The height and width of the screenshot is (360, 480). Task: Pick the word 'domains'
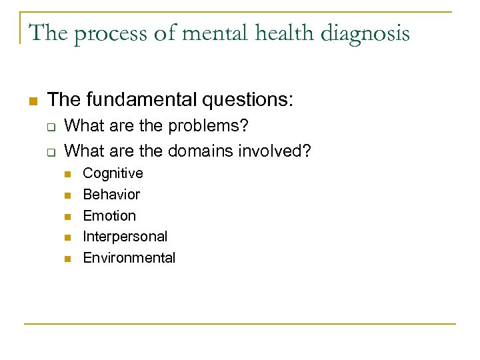tap(195, 151)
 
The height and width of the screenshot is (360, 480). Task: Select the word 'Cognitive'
tap(113, 174)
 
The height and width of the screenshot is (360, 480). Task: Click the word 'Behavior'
tap(111, 195)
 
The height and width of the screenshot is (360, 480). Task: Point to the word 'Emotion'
tap(109, 216)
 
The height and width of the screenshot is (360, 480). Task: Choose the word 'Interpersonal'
tap(125, 237)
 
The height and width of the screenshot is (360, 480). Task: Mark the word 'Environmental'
tap(129, 258)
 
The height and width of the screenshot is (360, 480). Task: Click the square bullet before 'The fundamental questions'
tap(32, 101)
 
